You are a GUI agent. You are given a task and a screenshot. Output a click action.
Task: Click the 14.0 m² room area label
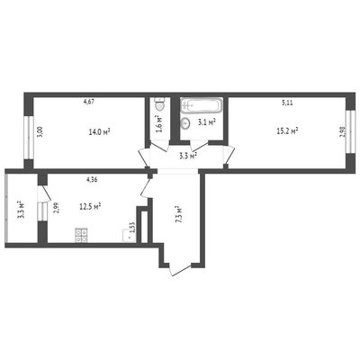(x=100, y=131)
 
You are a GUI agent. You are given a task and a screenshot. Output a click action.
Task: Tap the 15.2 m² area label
(x=287, y=130)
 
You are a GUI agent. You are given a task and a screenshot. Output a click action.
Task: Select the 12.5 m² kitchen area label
(x=90, y=207)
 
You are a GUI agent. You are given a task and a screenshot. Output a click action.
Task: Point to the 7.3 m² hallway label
(x=179, y=214)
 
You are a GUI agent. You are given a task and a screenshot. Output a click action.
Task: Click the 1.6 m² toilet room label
(x=159, y=123)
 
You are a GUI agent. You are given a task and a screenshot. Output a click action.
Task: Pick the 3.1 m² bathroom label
(x=207, y=122)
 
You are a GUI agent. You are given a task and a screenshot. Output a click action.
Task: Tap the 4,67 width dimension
(x=89, y=102)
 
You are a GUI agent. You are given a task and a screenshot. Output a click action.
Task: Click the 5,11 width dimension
(x=287, y=103)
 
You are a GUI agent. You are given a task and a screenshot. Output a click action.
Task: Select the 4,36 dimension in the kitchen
(x=93, y=180)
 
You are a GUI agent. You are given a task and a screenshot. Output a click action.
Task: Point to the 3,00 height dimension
(x=40, y=131)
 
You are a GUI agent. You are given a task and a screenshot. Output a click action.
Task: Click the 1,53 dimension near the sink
(x=132, y=227)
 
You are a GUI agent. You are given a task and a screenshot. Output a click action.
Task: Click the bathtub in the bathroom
(x=202, y=105)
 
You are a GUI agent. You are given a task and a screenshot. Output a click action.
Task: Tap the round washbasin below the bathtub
(x=186, y=122)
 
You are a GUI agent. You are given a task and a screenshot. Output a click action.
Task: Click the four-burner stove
(x=81, y=236)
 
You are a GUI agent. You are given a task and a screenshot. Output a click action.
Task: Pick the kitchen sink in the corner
(x=129, y=236)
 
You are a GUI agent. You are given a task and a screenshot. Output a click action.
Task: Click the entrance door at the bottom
(x=180, y=269)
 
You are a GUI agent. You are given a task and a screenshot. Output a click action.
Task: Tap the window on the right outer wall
(x=349, y=132)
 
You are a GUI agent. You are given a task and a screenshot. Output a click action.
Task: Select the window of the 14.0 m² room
(x=29, y=138)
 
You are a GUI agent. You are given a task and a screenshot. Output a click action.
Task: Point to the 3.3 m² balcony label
(x=22, y=210)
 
